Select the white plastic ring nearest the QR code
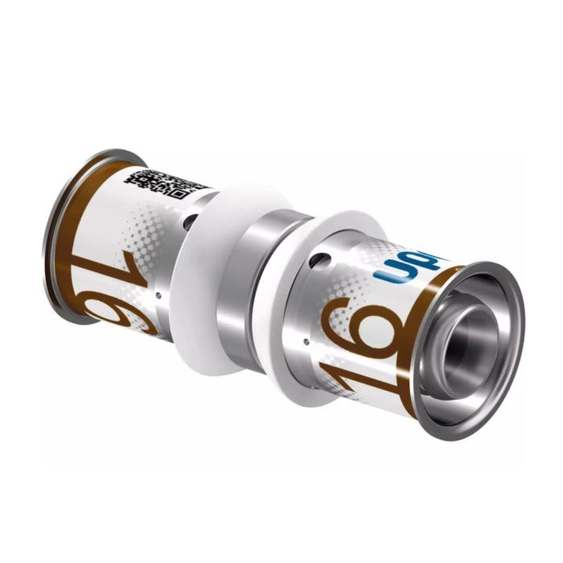coord(199,273)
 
